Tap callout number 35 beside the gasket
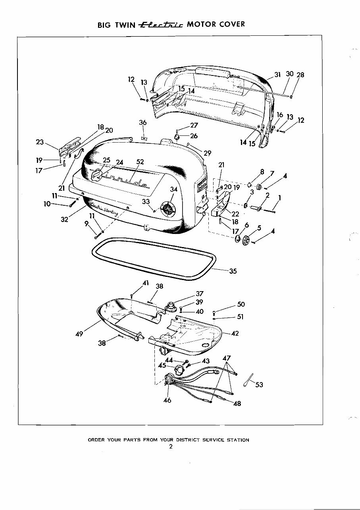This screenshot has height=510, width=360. pyautogui.click(x=233, y=271)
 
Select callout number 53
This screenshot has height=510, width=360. pyautogui.click(x=259, y=385)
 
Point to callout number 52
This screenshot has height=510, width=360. pyautogui.click(x=140, y=162)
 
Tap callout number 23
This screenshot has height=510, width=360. pyautogui.click(x=40, y=142)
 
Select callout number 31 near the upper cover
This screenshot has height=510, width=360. pyautogui.click(x=277, y=75)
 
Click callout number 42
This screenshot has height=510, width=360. pyautogui.click(x=235, y=333)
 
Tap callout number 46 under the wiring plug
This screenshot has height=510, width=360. pyautogui.click(x=167, y=400)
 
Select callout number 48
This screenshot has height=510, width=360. pyautogui.click(x=237, y=404)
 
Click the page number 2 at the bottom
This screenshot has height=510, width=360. pyautogui.click(x=170, y=446)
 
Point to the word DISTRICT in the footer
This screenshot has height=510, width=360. pyautogui.click(x=188, y=440)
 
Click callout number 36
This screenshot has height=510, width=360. pyautogui.click(x=143, y=123)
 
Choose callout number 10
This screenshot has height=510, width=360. pyautogui.click(x=48, y=204)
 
